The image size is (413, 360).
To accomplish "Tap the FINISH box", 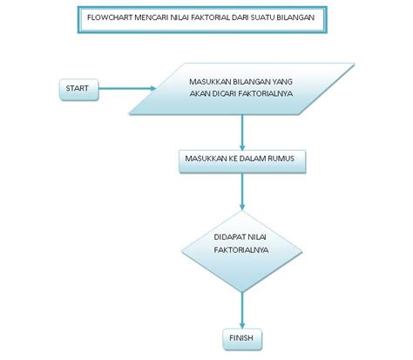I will [x=241, y=337].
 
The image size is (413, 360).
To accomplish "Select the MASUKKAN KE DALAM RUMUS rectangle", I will [x=240, y=160].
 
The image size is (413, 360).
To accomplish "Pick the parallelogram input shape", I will [x=241, y=88].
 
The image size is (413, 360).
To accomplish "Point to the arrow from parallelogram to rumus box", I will [x=241, y=132].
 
